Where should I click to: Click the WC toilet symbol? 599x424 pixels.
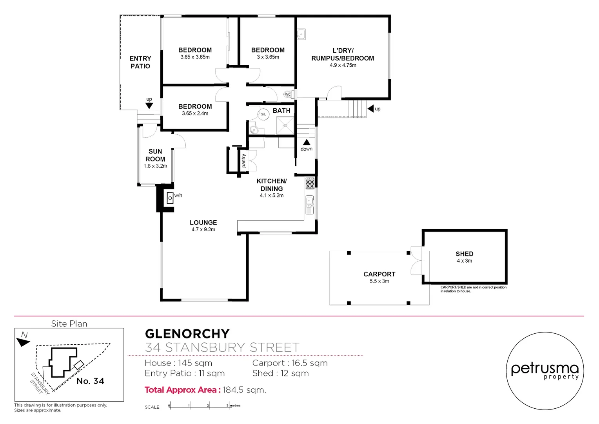(x=288, y=94)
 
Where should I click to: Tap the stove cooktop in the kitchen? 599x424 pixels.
(x=310, y=183)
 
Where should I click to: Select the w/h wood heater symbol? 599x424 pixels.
(x=171, y=198)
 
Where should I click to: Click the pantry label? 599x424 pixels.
(x=244, y=161)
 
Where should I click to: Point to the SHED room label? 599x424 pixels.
(x=464, y=254)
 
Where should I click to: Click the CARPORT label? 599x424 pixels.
(x=379, y=274)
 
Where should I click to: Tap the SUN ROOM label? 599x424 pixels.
(x=155, y=155)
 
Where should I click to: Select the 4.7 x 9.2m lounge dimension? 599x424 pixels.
(x=203, y=230)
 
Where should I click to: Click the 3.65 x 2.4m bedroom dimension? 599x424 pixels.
(x=195, y=113)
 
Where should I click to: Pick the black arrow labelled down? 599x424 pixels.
(x=307, y=142)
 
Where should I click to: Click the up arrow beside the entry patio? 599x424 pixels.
(x=149, y=105)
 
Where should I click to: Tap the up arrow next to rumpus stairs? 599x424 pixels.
(x=370, y=109)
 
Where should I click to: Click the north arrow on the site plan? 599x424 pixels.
(x=23, y=342)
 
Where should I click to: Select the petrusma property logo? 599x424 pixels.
(x=545, y=371)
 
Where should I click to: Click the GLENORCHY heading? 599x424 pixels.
(x=187, y=334)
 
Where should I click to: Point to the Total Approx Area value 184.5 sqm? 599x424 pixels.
(x=244, y=390)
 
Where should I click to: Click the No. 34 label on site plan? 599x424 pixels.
(x=90, y=381)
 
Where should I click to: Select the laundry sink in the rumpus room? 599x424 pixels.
(x=301, y=34)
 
